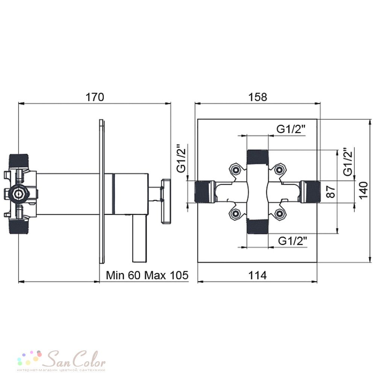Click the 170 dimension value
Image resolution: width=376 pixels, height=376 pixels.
[95, 97]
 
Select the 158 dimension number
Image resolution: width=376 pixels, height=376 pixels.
[257, 97]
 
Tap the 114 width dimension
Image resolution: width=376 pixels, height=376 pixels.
[257, 275]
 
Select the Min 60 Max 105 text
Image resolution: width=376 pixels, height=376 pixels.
[147, 275]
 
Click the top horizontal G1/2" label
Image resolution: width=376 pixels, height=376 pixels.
[291, 129]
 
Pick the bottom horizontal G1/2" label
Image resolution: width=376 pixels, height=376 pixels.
[293, 241]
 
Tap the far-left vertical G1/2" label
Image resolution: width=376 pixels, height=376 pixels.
[182, 158]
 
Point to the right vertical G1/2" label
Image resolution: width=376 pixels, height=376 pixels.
[348, 161]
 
